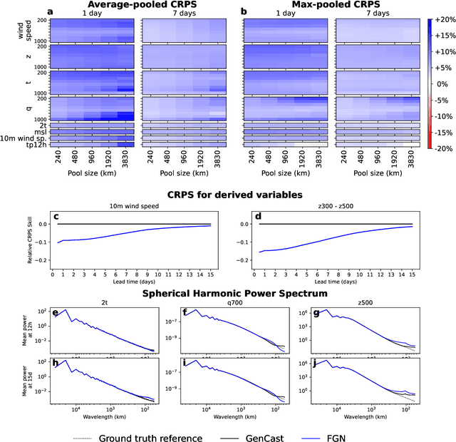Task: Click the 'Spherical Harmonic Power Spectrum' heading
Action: [229, 292]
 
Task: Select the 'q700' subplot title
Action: [230, 303]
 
